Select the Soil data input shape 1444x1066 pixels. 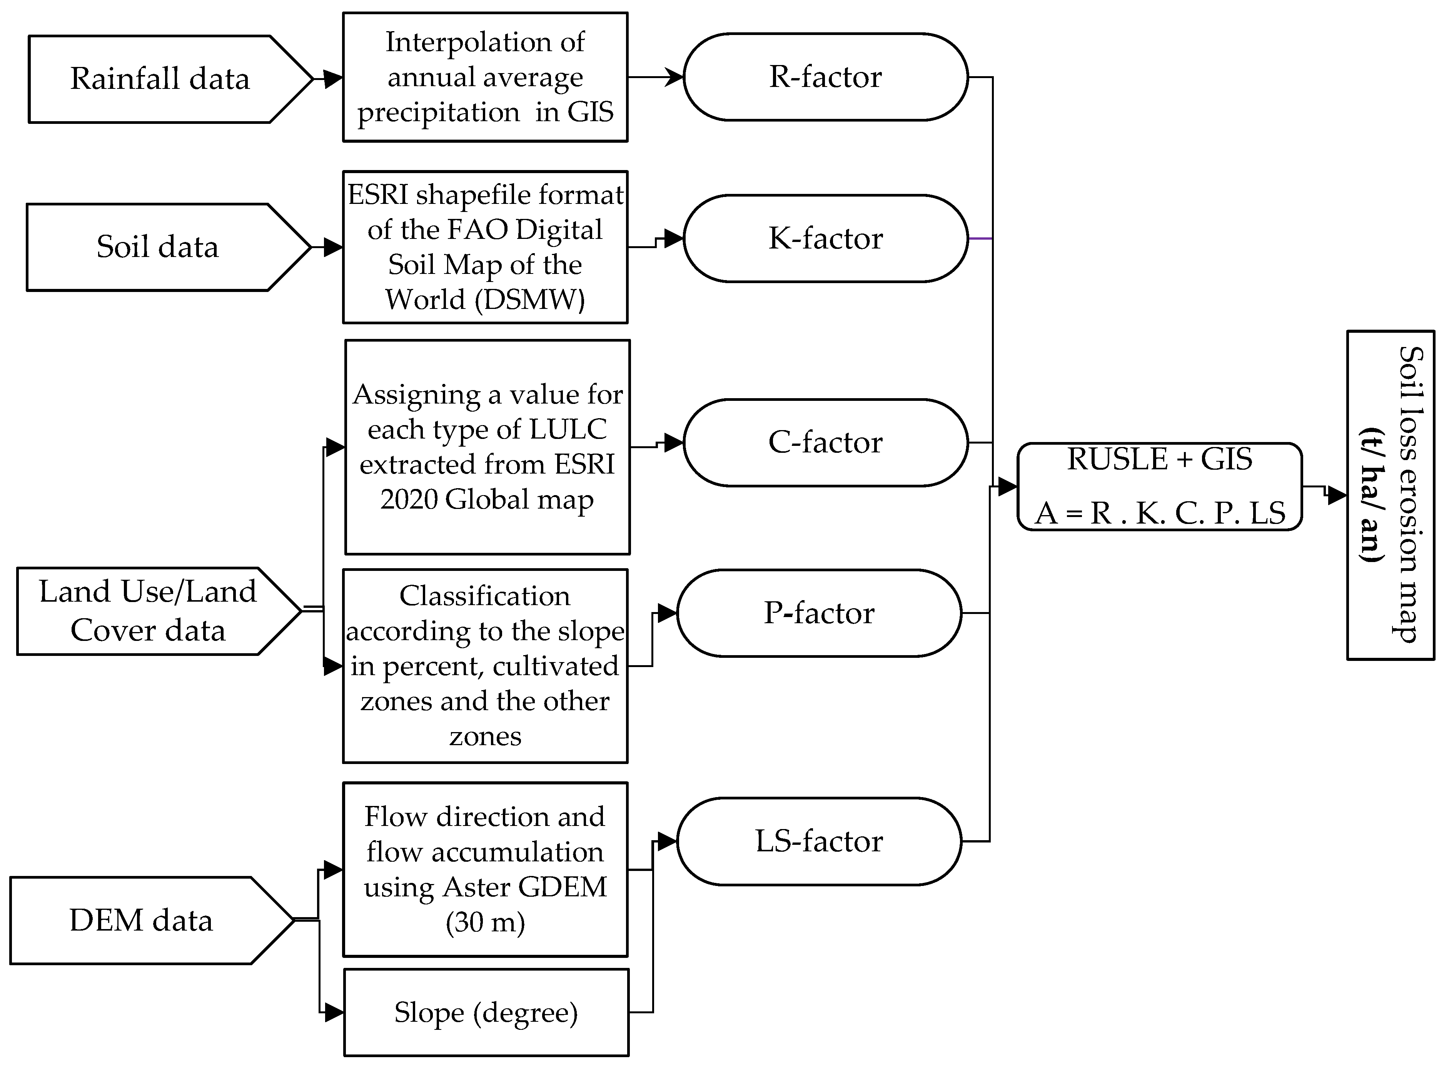pos(158,247)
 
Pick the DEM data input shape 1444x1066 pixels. pos(141,920)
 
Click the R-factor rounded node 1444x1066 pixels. pos(825,77)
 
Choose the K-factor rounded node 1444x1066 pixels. pos(825,238)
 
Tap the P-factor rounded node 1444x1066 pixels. pos(819,613)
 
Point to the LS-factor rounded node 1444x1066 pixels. pos(819,841)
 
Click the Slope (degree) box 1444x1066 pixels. pos(486,1013)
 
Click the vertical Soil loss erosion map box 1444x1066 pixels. pos(1391,495)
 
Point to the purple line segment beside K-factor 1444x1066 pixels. pos(980,239)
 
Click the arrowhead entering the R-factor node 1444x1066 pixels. pos(674,77)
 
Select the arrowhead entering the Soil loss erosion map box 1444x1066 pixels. pos(1337,495)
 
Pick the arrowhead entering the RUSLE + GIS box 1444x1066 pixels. pos(1007,487)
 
